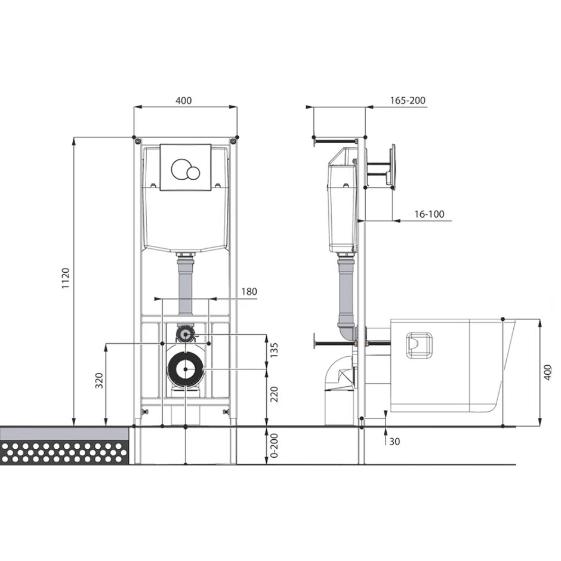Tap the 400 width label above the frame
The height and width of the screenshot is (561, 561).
(184, 100)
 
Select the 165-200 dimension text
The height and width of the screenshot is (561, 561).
(408, 100)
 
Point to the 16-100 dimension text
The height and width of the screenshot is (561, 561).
(428, 214)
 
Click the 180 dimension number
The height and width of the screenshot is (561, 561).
(249, 291)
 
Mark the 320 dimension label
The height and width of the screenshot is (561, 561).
(99, 381)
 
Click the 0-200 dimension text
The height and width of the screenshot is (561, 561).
(274, 446)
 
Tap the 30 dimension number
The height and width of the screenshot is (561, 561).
(394, 442)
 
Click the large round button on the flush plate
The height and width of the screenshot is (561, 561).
(181, 169)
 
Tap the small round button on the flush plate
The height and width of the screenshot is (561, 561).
(193, 172)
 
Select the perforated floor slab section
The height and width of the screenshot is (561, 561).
(64, 453)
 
